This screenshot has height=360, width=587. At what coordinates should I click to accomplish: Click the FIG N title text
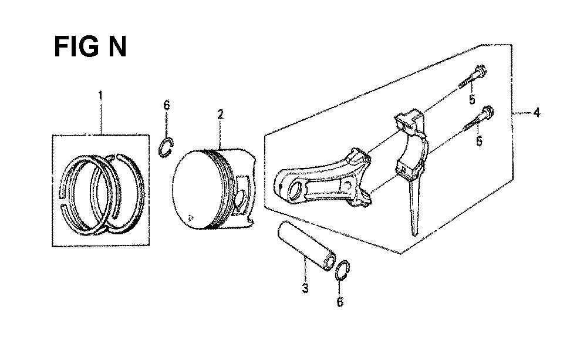[x=90, y=47]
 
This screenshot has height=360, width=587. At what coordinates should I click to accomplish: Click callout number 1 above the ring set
[x=100, y=96]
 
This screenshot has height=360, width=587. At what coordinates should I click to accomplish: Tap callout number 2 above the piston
[x=221, y=115]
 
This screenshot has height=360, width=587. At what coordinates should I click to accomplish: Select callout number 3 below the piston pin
[x=305, y=288]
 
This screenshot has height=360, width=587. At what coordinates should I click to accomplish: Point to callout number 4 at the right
[x=537, y=112]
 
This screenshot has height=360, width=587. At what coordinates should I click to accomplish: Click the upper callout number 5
[x=472, y=99]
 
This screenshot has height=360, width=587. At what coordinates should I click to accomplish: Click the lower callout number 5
[x=479, y=141]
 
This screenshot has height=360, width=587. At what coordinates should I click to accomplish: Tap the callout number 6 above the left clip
[x=167, y=105]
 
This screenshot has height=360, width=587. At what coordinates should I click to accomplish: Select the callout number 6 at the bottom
[x=340, y=301]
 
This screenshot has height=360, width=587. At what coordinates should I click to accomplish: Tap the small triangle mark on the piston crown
[x=191, y=218]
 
